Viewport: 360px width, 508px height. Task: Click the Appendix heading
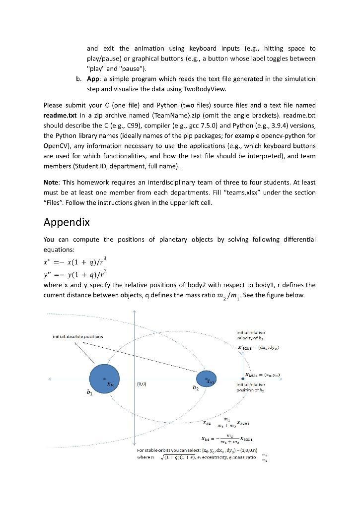(67, 222)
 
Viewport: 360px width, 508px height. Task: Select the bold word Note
(51, 182)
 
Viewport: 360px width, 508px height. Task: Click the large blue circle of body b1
(105, 380)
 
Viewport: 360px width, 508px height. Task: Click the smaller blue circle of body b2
(207, 380)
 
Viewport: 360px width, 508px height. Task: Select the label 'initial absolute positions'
(78, 336)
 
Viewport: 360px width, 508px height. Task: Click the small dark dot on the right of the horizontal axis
(242, 380)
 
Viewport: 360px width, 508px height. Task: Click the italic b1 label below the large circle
(90, 392)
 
